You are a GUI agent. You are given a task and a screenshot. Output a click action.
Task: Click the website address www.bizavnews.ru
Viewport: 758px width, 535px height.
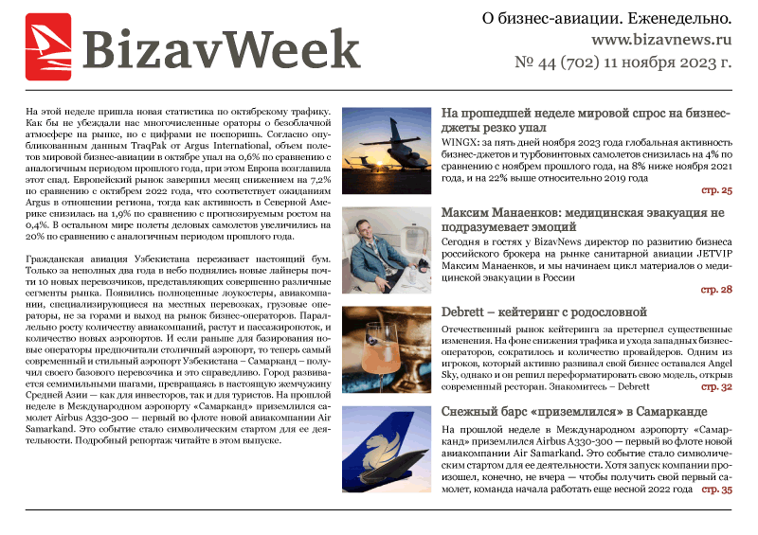pos(661,41)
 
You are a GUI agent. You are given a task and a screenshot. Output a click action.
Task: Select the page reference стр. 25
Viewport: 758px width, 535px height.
pos(716,190)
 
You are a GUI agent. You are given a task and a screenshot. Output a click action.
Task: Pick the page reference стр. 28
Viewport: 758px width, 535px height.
pos(716,289)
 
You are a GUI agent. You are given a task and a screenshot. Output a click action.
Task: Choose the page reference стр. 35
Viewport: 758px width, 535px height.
pos(716,490)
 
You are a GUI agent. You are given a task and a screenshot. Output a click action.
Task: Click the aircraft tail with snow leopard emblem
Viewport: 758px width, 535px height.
pos(387,451)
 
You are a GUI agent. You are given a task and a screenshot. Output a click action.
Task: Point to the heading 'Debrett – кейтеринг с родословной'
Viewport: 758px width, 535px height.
pos(544,312)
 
